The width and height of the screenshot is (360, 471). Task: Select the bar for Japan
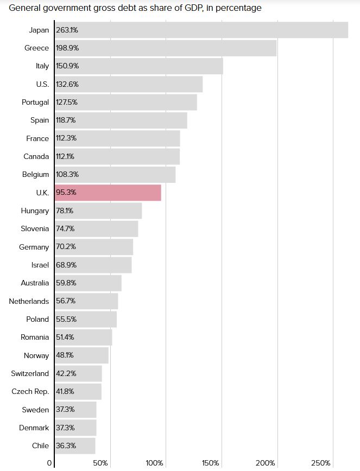click(201, 30)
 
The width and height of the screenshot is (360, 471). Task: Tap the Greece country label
click(36, 48)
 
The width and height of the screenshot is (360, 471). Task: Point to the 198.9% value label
click(67, 48)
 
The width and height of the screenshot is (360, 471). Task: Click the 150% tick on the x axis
click(210, 463)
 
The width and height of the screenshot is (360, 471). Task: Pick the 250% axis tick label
click(321, 463)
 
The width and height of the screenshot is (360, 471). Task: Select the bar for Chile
click(75, 445)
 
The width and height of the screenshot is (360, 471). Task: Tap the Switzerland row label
click(30, 373)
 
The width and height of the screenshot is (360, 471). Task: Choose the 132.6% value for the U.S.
click(67, 84)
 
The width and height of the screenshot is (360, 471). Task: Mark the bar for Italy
click(138, 66)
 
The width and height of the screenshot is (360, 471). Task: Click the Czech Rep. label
click(30, 391)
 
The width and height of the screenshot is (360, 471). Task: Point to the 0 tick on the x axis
click(49, 463)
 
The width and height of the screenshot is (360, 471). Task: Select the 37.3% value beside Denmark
click(65, 428)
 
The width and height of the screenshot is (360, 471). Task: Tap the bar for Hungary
click(98, 211)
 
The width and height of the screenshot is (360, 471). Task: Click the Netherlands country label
click(29, 301)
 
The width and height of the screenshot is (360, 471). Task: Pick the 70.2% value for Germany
click(65, 247)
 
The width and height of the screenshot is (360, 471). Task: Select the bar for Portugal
click(125, 102)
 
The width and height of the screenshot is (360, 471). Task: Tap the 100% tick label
click(154, 463)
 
